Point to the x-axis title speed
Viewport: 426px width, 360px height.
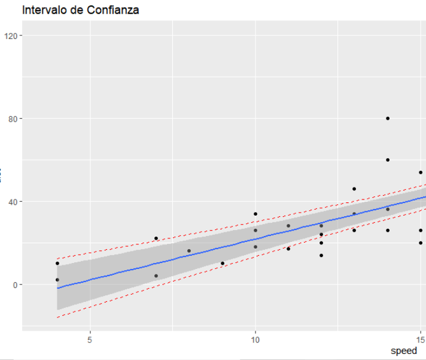tap(403, 350)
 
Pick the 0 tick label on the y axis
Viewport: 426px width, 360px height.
tap(16, 285)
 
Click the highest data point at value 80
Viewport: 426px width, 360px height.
tap(388, 119)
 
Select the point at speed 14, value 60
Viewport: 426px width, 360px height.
tap(388, 160)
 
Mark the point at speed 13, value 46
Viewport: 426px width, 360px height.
tap(354, 189)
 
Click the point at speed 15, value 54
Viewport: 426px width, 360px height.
tap(421, 173)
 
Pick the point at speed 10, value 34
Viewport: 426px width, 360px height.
tap(255, 214)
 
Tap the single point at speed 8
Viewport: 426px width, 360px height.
tap(189, 251)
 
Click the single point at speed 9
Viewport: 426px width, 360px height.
tap(223, 264)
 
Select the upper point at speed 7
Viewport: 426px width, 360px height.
tap(156, 238)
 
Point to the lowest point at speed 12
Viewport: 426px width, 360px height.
tap(321, 255)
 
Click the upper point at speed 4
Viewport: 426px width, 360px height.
tap(57, 264)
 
